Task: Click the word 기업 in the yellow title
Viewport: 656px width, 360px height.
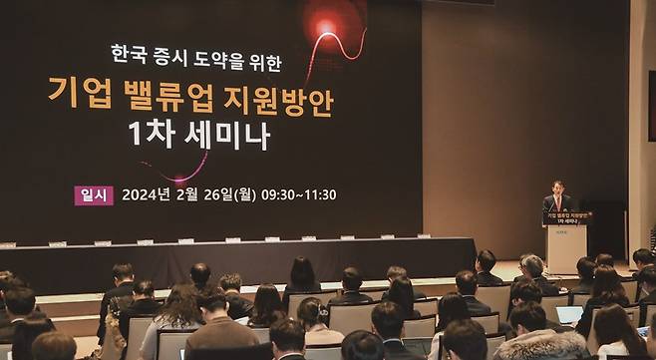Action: click(72, 91)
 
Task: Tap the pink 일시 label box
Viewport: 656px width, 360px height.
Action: click(93, 195)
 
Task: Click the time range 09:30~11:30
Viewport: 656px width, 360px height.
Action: click(299, 195)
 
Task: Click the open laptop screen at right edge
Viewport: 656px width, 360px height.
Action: click(569, 315)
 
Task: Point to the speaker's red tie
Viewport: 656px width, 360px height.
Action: click(558, 200)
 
